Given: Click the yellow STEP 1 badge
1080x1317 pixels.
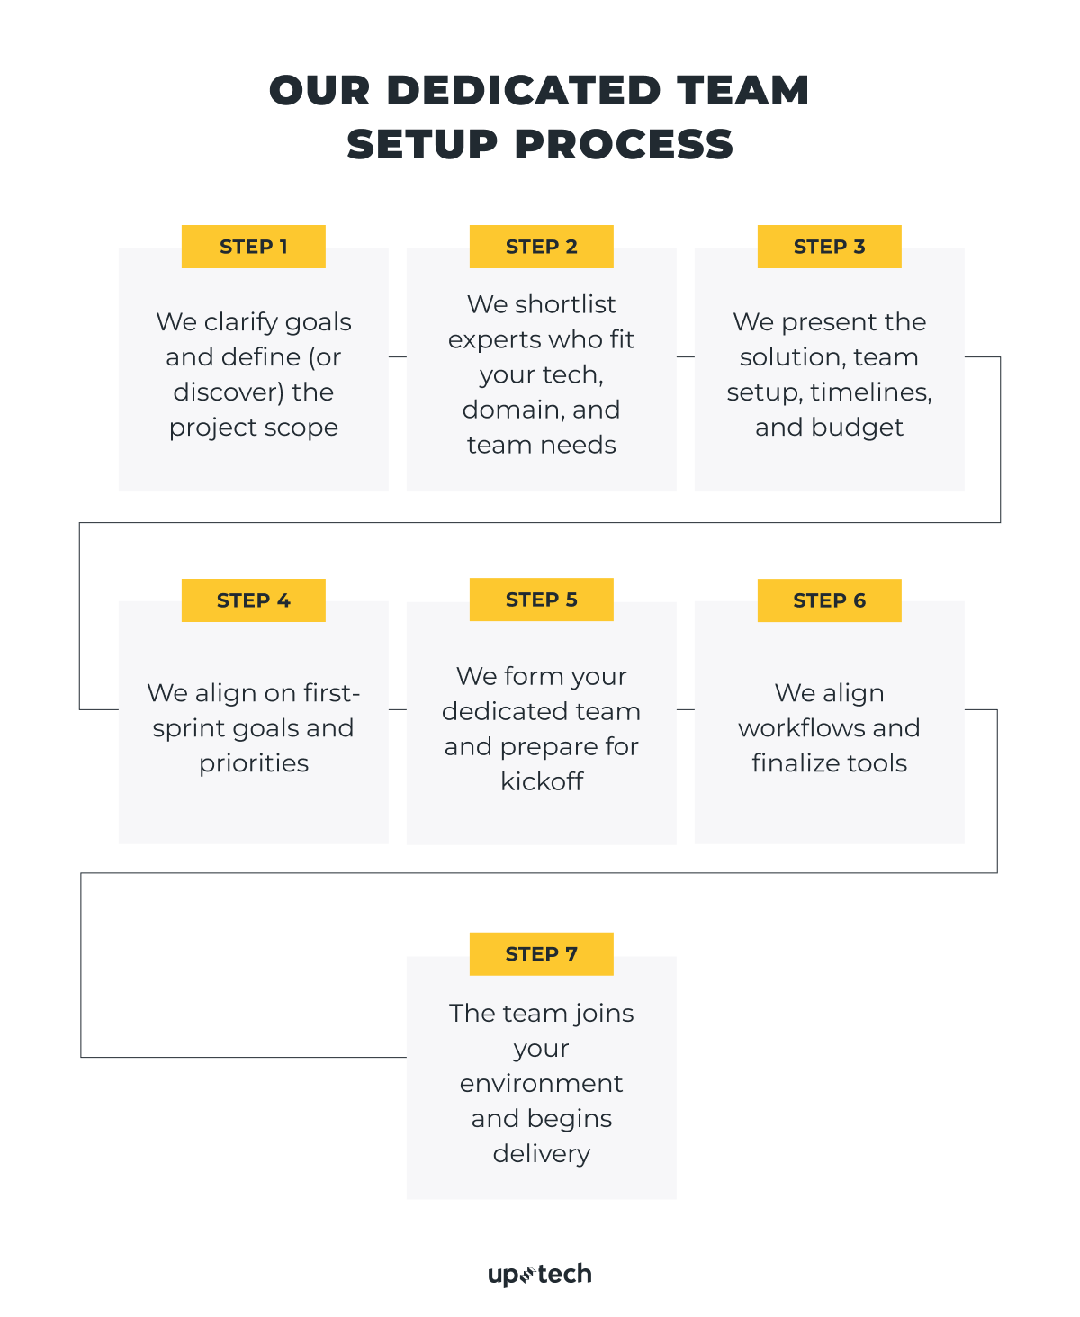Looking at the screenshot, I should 253,247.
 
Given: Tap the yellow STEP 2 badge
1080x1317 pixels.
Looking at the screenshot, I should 541,247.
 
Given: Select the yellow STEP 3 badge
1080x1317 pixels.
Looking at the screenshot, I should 829,247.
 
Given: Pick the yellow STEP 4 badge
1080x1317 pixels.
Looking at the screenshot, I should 253,600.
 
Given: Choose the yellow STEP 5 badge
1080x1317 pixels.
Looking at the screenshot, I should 541,600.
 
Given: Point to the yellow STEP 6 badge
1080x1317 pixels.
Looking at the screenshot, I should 829,600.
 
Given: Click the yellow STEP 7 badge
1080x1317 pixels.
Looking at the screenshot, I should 541,954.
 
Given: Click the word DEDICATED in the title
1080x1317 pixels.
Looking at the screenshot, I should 524,91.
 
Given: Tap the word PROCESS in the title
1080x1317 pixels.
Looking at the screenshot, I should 624,145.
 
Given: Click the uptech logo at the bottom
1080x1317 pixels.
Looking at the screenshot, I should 540,1275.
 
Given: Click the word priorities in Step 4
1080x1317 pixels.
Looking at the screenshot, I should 254,763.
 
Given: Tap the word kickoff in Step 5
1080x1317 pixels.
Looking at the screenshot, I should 542,781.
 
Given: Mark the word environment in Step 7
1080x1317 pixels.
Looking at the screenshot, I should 541,1084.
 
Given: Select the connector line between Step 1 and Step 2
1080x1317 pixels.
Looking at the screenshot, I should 398,357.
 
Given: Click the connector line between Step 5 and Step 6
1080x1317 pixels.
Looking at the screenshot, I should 686,710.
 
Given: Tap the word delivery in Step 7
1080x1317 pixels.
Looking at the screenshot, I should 541,1154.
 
